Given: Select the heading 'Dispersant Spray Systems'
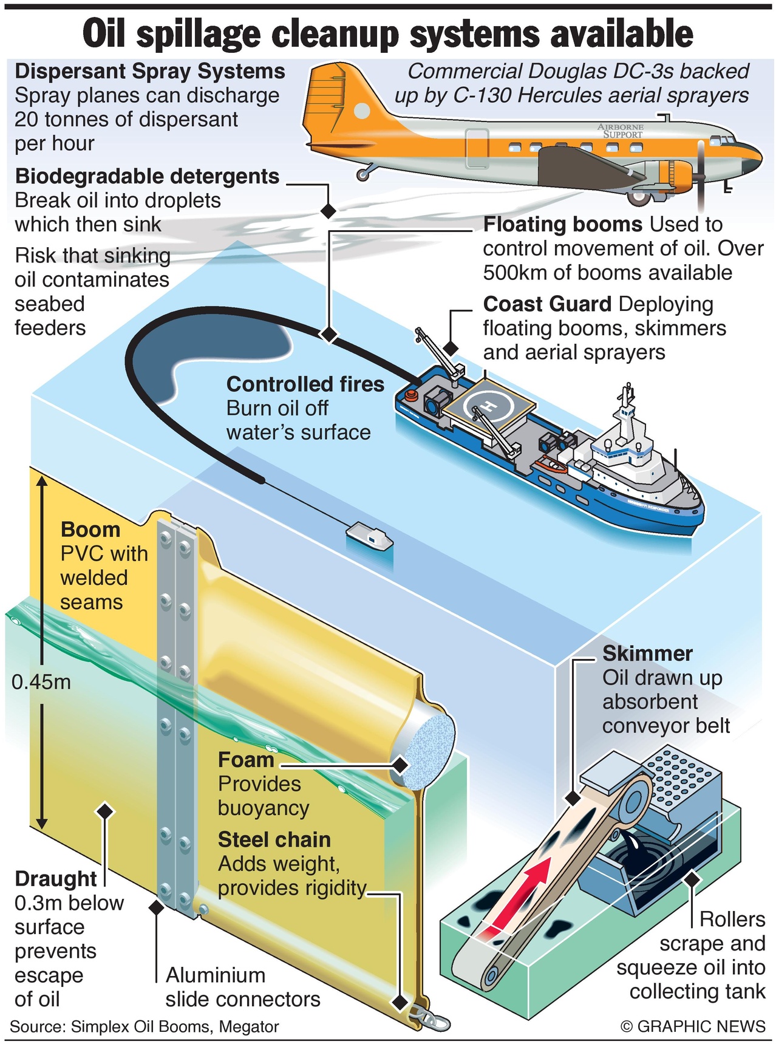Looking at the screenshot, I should coord(150,71).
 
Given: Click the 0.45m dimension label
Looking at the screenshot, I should coord(41,682).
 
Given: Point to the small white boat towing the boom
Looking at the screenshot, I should coord(369,536).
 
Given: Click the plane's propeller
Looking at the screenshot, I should coord(701,176).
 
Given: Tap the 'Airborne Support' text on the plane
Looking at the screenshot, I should coord(621,131).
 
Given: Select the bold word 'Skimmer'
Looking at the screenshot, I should coord(647,653).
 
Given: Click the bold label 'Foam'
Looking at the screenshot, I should coord(246,760).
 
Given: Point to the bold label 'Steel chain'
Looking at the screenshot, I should coord(274,840).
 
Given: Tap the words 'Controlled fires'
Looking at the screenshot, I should coord(305,384).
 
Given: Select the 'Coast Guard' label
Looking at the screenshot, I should coord(546,304).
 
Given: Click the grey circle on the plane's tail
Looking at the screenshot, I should coord(362,111).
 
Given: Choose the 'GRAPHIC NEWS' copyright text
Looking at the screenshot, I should coord(693,1026).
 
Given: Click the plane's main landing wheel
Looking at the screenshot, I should coord(639,196).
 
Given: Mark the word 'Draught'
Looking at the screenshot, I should coord(56,879).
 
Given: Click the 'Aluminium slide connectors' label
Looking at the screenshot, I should coord(242,987).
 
